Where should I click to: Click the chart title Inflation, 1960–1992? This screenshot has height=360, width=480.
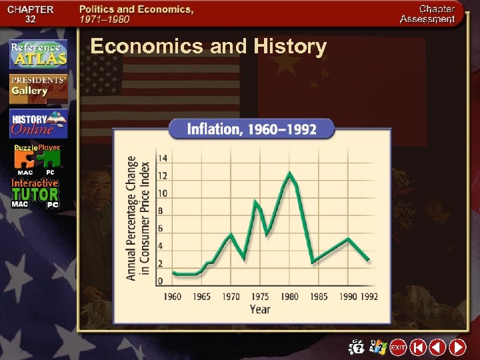pos(251,128)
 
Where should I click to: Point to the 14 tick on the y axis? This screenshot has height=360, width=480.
pos(162,158)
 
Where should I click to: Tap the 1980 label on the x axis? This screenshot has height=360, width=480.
pos(289,296)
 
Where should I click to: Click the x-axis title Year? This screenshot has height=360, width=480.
pos(259,309)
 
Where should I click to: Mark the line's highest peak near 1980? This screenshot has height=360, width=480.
pos(289,173)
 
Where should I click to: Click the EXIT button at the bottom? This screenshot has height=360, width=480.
pos(398,347)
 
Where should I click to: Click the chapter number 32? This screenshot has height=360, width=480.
pos(30,19)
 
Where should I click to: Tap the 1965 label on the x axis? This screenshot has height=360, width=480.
pos(201,296)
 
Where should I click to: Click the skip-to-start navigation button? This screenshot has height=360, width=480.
pos(418,347)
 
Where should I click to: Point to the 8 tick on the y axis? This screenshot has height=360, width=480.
pos(160,211)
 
